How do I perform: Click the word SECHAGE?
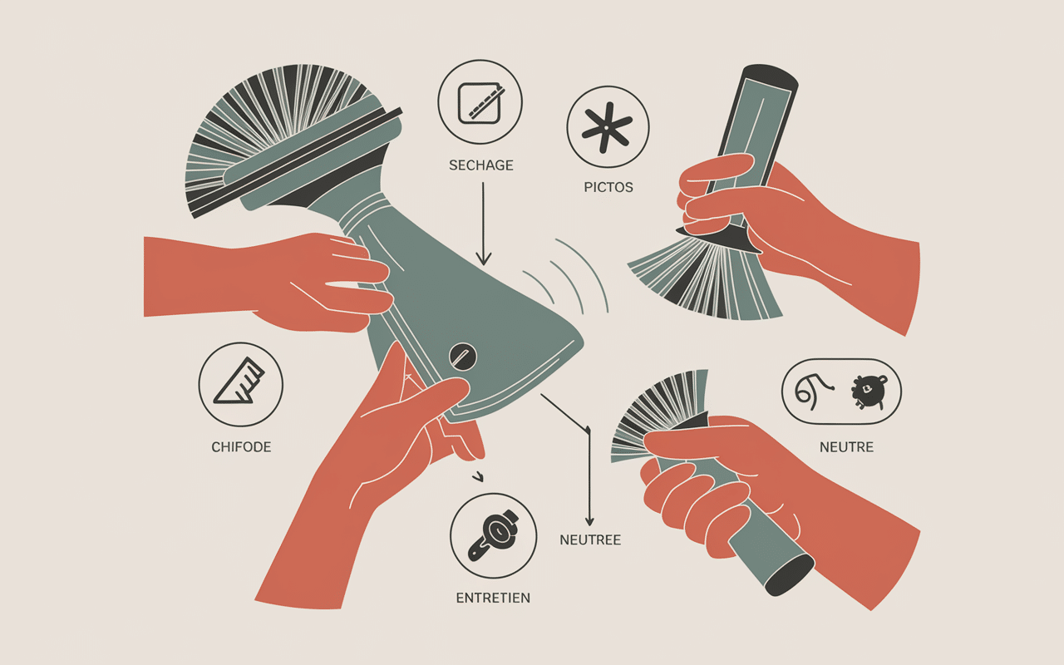tap(480, 165)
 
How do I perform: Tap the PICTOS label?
tap(608, 187)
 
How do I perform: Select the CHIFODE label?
tap(241, 447)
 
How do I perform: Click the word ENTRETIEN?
tap(493, 598)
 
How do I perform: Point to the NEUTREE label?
tap(590, 540)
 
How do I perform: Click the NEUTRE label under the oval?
tap(846, 447)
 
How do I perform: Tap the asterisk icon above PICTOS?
tap(607, 128)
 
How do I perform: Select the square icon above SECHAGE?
tap(480, 103)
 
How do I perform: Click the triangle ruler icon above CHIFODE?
tap(239, 382)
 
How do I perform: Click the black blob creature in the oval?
tap(869, 392)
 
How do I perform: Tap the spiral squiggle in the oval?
tap(813, 391)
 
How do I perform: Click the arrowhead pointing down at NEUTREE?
tap(589, 520)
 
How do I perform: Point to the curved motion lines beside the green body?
tap(565, 275)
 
